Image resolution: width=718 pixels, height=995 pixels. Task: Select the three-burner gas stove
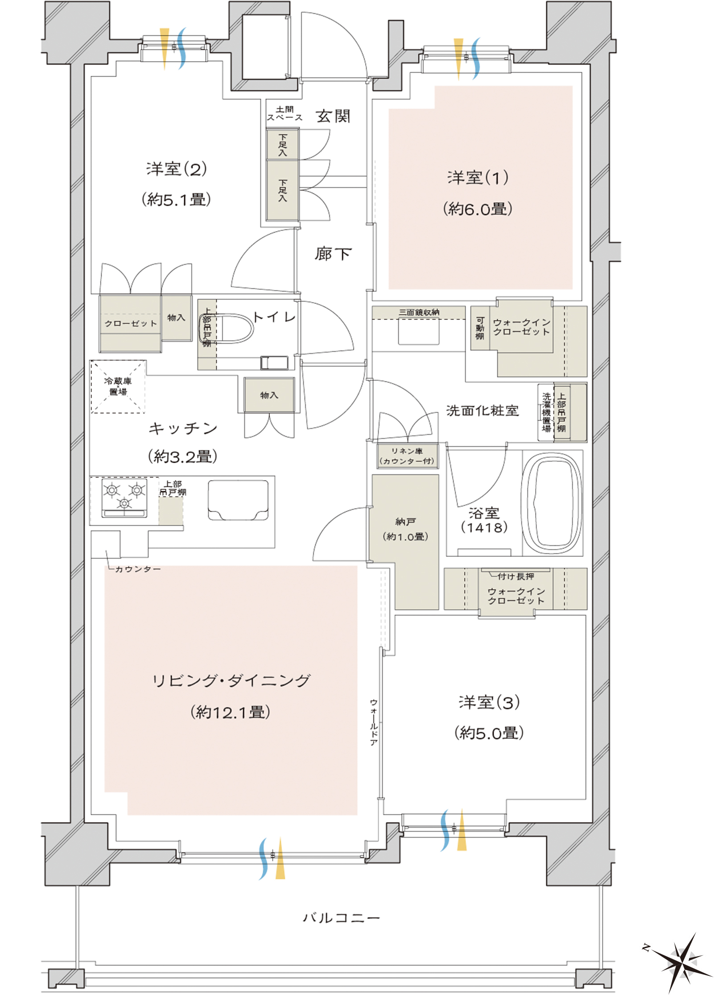pyautogui.click(x=124, y=497)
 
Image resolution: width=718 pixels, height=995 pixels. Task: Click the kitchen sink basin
pyautogui.click(x=238, y=500)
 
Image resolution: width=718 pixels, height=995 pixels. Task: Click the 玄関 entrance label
pyautogui.click(x=333, y=116)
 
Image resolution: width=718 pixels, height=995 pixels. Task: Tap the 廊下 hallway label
pyautogui.click(x=333, y=254)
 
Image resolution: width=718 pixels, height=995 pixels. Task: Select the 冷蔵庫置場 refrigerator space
pyautogui.click(x=118, y=386)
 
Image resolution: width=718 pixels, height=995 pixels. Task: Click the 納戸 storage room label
pyautogui.click(x=405, y=521)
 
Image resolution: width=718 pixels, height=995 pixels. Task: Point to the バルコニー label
pyautogui.click(x=341, y=917)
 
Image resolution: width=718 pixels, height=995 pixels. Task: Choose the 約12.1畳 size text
pyautogui.click(x=231, y=712)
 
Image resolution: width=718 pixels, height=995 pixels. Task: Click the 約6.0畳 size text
pyautogui.click(x=478, y=209)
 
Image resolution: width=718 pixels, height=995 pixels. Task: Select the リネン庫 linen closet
pyautogui.click(x=407, y=456)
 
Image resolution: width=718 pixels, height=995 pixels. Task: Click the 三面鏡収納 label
pyautogui.click(x=419, y=312)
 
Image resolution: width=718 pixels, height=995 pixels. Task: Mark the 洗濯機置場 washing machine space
pyautogui.click(x=546, y=412)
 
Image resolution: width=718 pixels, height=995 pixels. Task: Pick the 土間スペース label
pyautogui.click(x=285, y=113)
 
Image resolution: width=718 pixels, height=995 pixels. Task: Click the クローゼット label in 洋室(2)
pyautogui.click(x=131, y=323)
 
